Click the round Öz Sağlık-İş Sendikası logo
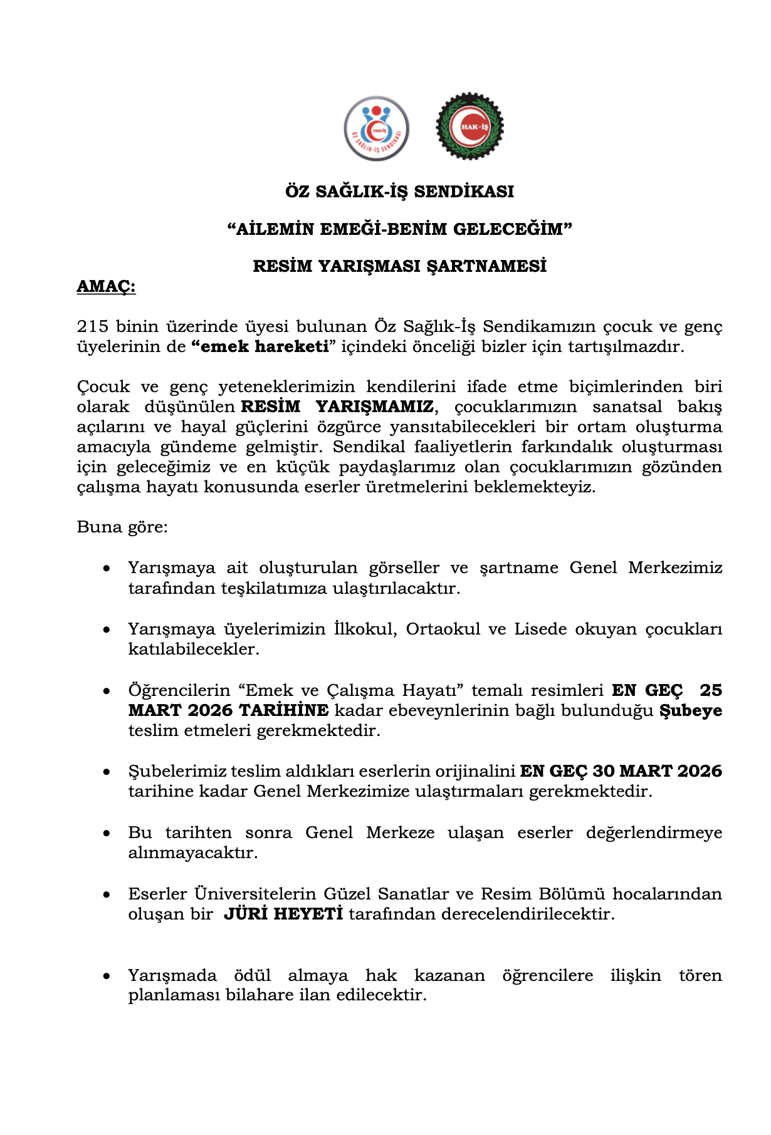coord(376,128)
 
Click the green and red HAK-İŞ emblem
coord(469,126)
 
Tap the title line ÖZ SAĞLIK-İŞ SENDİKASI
coord(399,192)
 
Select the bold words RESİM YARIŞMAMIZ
coord(337,407)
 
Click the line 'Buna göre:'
coord(122,527)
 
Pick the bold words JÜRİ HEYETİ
coord(283,914)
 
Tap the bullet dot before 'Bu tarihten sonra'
coord(107,833)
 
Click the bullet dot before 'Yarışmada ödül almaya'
coord(107,976)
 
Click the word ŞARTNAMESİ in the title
coord(486,266)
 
